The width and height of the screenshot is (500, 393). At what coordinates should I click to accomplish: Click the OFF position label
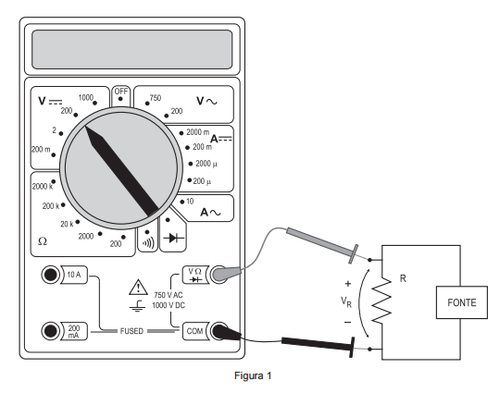[121, 92]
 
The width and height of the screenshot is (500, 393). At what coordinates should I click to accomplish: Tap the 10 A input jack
[51, 275]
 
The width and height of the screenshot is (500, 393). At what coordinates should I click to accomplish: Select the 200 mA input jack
[51, 331]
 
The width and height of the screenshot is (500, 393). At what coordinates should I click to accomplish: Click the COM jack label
[194, 331]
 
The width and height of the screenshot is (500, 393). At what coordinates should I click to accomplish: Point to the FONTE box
[462, 302]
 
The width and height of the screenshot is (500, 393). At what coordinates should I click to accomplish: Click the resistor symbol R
[381, 301]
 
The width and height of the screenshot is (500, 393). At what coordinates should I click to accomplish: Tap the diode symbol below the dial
[173, 238]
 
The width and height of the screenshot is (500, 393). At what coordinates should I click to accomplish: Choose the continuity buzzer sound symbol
[148, 243]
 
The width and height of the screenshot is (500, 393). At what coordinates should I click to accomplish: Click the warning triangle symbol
[138, 288]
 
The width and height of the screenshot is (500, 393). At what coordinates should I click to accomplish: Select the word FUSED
[131, 331]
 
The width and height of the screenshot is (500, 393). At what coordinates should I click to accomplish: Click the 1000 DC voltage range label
[85, 97]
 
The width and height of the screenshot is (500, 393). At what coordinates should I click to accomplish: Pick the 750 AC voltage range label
[156, 98]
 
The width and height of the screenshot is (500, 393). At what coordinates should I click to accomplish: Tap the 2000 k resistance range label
[43, 186]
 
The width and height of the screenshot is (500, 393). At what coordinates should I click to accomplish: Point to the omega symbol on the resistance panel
[43, 241]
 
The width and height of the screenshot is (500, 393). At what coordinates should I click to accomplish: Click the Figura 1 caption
[253, 375]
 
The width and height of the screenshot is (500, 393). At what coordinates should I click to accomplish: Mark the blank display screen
[132, 49]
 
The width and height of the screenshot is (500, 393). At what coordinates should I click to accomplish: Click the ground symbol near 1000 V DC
[137, 305]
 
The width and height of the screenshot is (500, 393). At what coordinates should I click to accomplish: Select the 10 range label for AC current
[190, 202]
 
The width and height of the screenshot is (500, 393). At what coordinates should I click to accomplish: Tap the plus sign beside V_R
[348, 284]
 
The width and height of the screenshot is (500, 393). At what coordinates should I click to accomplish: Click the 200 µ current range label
[202, 181]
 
